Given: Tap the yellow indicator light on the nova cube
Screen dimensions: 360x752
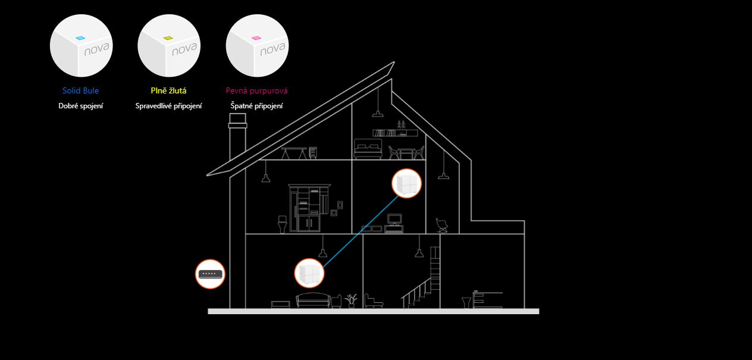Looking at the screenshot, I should [168, 37].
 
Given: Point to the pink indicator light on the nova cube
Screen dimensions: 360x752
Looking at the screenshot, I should [256, 37].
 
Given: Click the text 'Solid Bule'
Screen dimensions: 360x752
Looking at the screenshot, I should [80, 91].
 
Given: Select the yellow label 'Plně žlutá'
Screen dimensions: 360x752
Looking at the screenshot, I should [168, 91].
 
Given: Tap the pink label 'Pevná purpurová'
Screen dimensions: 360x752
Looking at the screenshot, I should [256, 91].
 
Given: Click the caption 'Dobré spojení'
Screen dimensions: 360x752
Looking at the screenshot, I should [81, 106].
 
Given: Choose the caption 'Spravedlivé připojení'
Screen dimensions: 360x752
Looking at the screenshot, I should [168, 106].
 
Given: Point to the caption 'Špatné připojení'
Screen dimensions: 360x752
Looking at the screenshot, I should [256, 106].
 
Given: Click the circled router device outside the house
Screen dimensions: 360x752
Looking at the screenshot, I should [211, 274].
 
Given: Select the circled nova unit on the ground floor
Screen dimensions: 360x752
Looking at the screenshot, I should [310, 273].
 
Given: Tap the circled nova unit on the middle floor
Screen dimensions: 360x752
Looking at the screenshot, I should [406, 182].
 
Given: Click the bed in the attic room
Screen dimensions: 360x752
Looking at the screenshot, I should [367, 149].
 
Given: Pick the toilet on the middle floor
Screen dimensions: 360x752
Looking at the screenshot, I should [282, 224].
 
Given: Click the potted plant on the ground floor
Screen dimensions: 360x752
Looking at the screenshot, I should [351, 299].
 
